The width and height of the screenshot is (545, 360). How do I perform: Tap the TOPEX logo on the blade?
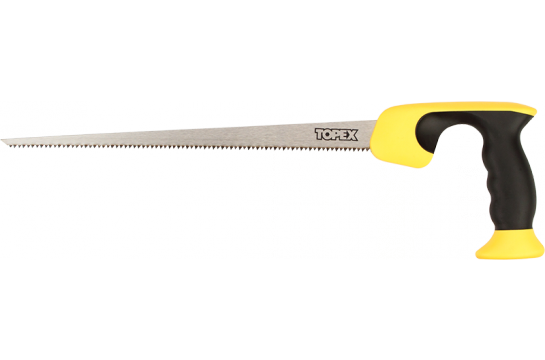coord(336,133)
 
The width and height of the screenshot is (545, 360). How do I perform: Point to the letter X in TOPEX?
coord(353,133)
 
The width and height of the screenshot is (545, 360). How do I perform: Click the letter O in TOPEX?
coord(328,133)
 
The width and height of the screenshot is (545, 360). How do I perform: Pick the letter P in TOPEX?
coord(336,133)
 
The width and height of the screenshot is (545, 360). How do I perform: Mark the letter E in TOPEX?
coord(344,133)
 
